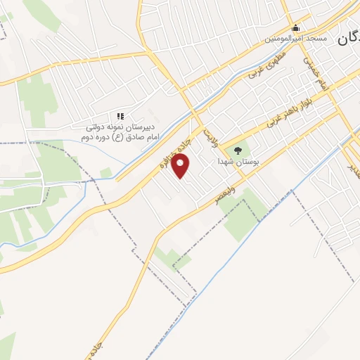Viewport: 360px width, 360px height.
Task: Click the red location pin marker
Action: tap(181, 167)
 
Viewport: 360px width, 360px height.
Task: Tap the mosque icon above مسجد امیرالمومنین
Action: tap(296, 29)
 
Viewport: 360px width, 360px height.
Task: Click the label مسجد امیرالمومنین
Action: tap(296, 39)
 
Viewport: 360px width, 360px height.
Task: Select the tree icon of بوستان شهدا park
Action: tap(237, 150)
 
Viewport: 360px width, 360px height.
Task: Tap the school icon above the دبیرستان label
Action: tap(120, 115)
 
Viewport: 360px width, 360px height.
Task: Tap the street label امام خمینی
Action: tap(314, 70)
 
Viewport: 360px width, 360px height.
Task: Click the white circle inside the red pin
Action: tap(181, 164)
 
